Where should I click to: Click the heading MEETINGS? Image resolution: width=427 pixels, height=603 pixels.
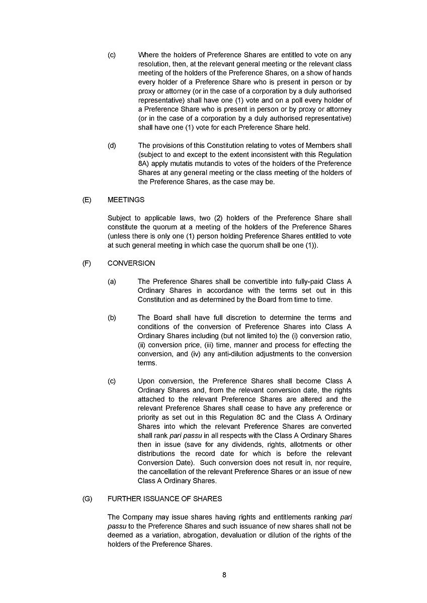click(126, 199)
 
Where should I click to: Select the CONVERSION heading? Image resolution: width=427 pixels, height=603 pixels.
click(131, 263)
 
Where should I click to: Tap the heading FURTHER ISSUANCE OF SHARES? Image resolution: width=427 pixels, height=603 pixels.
click(164, 498)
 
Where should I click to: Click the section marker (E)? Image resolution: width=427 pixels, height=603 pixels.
click(87, 199)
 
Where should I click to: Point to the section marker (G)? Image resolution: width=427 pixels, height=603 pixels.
click(87, 498)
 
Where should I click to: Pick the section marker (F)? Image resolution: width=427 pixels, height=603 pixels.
click(87, 263)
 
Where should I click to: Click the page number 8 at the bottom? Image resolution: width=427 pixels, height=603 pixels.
click(224, 576)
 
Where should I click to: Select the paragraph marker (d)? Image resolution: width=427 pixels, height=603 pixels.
click(112, 145)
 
